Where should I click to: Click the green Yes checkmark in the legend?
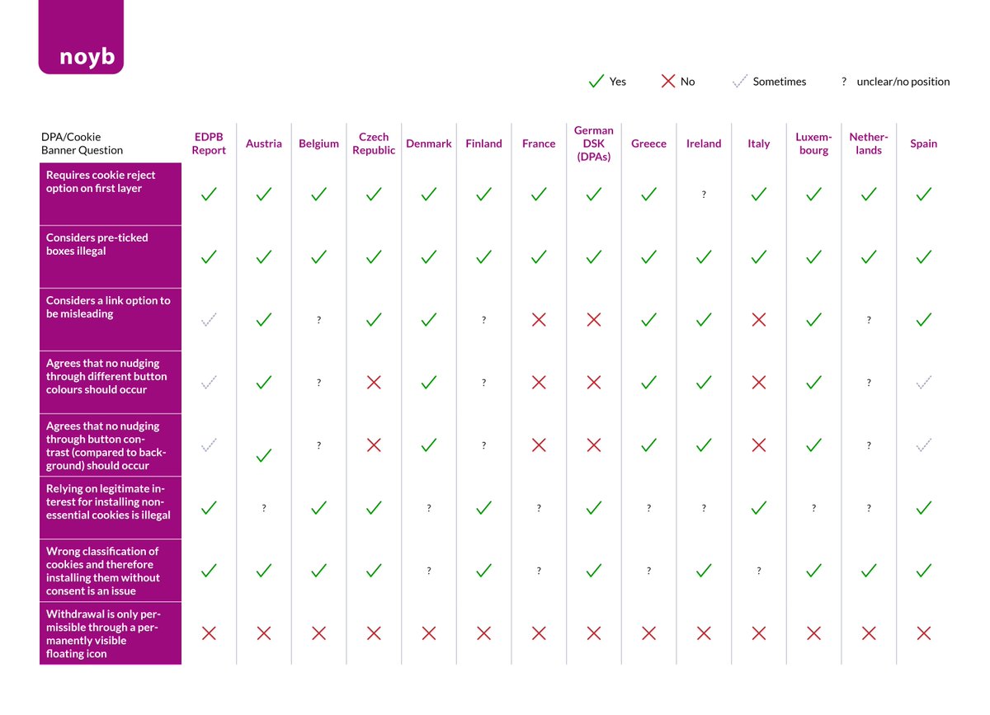coord(596,82)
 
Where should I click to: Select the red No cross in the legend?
coord(667,82)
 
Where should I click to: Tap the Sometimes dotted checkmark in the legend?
coord(739,82)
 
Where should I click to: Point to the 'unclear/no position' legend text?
coord(903,82)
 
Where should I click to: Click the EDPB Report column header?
coord(209,143)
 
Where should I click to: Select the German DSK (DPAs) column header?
coord(594,143)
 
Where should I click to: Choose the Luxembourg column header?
coord(813,143)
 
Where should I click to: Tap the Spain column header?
coord(923,143)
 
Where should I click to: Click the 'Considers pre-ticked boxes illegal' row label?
coord(97,244)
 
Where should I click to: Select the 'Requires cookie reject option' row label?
coord(101,181)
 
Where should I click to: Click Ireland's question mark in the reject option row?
coord(704,195)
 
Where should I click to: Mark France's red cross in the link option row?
coord(539,319)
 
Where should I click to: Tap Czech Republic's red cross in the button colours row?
coord(374,382)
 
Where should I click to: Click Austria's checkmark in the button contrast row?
coord(264,454)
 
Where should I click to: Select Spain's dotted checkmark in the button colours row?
coord(923,382)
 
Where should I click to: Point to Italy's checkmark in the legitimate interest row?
coord(759,507)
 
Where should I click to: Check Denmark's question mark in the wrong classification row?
coord(429,571)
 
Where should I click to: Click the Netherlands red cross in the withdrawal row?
coord(869,633)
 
